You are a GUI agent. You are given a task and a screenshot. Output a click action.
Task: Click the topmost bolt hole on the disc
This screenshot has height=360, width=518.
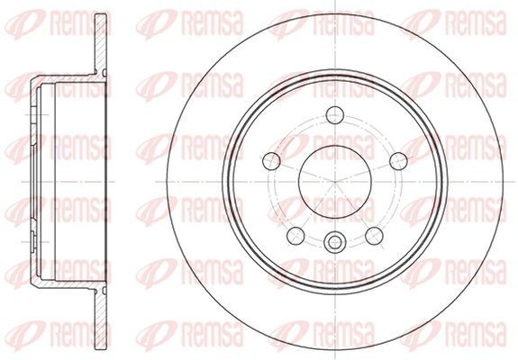tap(334, 113)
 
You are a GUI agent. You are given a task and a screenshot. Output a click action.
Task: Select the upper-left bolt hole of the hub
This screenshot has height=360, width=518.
tap(271, 162)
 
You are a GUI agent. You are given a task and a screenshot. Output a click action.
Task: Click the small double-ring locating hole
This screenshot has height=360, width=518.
tap(334, 240)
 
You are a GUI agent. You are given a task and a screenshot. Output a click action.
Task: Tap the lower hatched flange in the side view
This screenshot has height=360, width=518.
tap(97, 310)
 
